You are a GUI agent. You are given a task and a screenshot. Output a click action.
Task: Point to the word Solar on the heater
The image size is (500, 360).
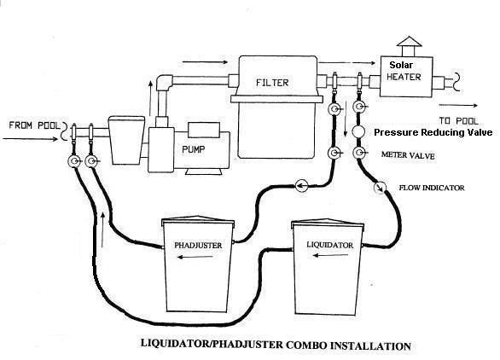coord(404,65)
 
